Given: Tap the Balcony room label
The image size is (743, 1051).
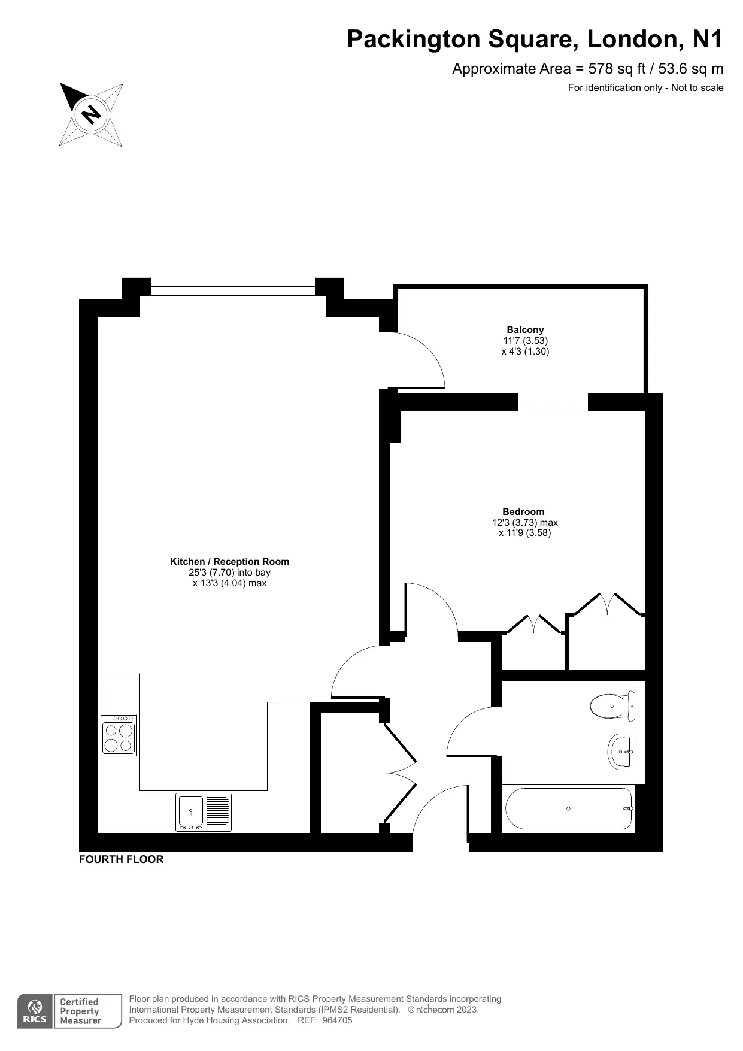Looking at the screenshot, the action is pos(525,329).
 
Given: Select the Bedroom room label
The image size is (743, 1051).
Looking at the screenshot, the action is pos(523,511).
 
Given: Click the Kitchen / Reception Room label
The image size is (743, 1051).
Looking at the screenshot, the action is pos(229,561).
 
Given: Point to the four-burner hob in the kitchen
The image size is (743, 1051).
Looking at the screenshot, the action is pos(119,735).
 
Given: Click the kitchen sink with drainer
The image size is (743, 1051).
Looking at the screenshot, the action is pos(203,812).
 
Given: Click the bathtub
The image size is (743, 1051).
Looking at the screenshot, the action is pos(569,808).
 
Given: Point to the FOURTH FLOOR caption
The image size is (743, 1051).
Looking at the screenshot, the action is pos(121,859).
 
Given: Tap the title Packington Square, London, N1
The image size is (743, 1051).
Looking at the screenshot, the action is pos(535,39).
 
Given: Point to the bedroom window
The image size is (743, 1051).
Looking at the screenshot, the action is pos(553,402).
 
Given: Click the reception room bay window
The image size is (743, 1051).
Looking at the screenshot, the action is pos(232,287).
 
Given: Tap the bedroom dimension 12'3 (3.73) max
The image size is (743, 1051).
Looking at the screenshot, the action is pos(524,522).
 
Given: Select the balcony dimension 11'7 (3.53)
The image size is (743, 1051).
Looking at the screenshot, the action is pos(525,340).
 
